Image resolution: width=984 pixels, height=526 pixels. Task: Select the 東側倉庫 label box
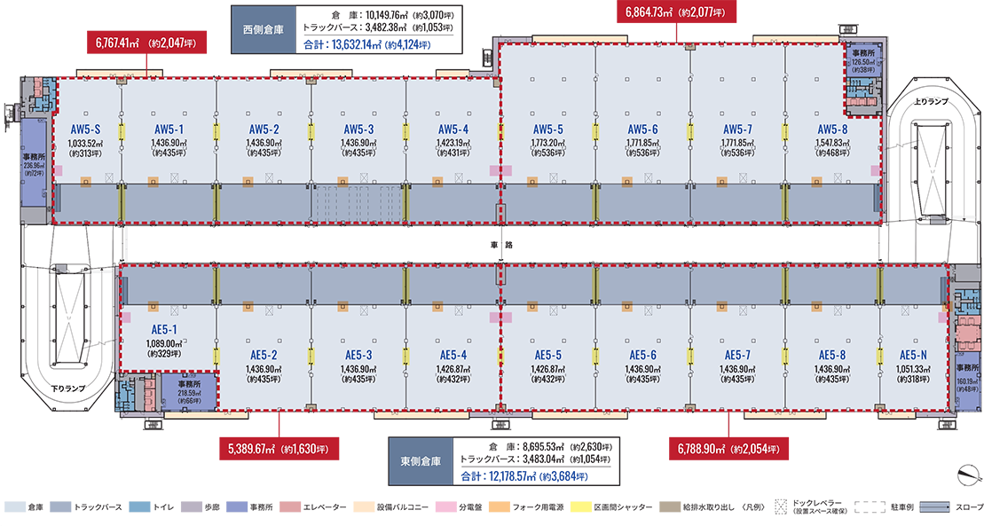pyautogui.click(x=421, y=462)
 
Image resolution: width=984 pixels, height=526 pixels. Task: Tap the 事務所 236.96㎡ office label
pyautogui.click(x=35, y=165)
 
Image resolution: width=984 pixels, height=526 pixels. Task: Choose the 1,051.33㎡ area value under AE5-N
pyautogui.click(x=913, y=367)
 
